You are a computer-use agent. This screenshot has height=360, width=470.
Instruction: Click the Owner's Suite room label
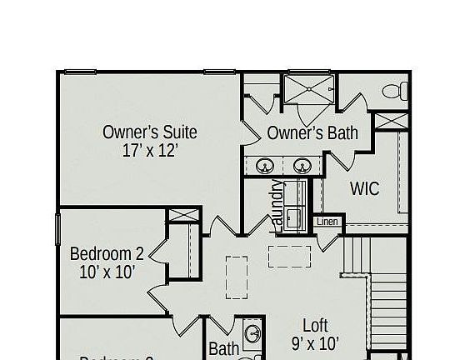tap(150, 132)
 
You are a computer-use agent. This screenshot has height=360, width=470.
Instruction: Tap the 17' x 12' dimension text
tap(150, 152)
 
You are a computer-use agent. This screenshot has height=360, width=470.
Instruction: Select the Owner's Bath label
tap(312, 133)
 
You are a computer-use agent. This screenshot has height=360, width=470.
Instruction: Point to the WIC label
tap(364, 188)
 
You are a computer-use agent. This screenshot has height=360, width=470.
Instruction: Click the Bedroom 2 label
tap(107, 253)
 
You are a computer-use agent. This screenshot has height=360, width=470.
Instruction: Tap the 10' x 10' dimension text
tap(107, 272)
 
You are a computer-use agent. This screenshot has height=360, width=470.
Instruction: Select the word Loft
tap(315, 325)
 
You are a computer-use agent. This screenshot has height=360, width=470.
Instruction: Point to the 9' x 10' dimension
tap(314, 342)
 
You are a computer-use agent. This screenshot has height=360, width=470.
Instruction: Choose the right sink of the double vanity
tap(302, 164)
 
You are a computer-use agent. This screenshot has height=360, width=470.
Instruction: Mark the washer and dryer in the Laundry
tap(294, 206)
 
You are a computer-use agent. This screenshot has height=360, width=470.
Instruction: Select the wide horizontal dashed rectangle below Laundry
tap(289, 256)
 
